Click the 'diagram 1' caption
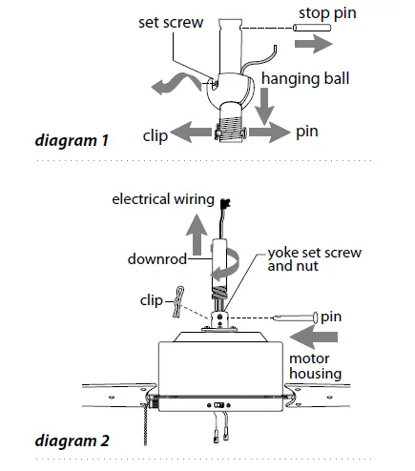(70, 141)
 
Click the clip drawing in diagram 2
(176, 304)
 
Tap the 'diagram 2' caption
(71, 440)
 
